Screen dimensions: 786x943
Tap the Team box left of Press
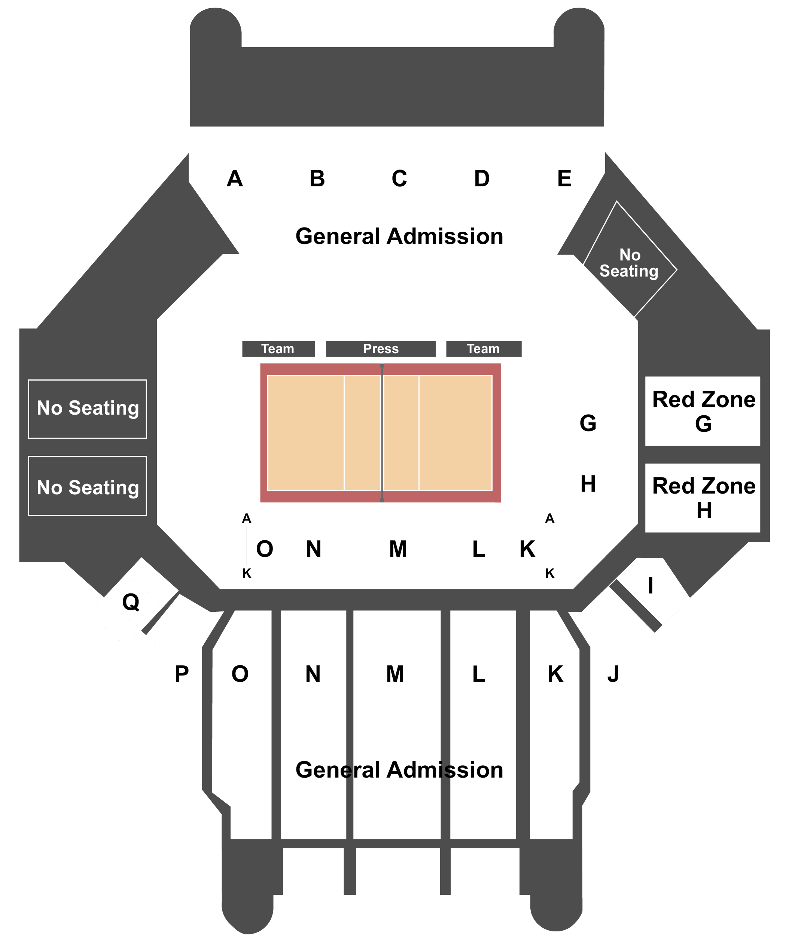point(278,349)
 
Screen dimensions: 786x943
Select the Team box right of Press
point(484,349)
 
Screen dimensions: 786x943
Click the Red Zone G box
point(703,411)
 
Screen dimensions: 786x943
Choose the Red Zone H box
point(703,498)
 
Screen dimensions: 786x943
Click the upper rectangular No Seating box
point(88,409)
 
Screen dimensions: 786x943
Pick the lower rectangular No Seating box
point(88,486)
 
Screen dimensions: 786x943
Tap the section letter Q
point(131,602)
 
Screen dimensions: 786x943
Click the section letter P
point(182,674)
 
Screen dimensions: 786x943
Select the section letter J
point(613,674)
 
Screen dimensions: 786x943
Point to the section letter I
point(651,586)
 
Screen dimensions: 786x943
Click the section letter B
point(317,179)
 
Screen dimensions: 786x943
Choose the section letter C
point(399,179)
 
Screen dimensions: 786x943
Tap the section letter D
point(482,179)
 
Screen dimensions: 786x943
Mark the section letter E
point(564,179)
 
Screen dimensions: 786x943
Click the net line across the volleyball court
point(382,433)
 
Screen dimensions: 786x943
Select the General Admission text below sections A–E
point(399,236)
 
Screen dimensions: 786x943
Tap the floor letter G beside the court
point(588,423)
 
